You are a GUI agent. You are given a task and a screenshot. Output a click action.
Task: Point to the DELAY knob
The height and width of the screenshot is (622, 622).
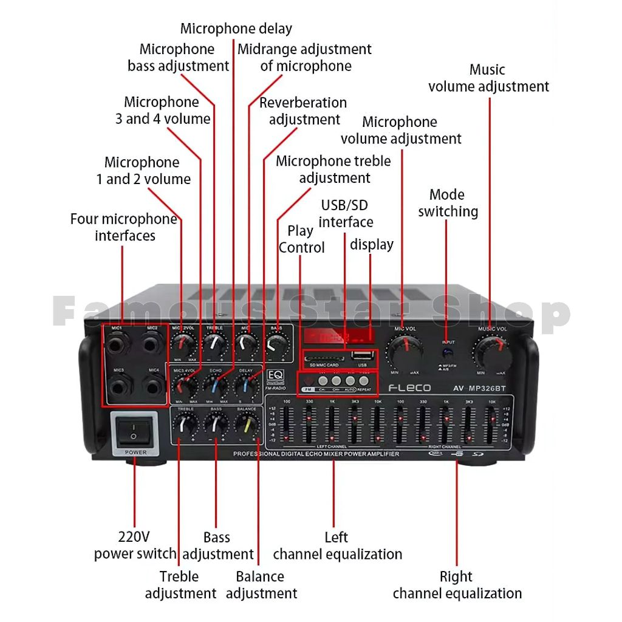click(246, 386)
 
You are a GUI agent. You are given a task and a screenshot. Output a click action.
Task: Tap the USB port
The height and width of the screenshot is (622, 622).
click(362, 356)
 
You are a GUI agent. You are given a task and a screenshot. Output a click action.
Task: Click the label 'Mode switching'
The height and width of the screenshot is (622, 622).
click(448, 203)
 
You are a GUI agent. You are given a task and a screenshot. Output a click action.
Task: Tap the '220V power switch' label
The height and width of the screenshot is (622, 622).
click(135, 545)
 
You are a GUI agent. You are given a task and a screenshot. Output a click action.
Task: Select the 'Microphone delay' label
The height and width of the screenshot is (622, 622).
click(236, 29)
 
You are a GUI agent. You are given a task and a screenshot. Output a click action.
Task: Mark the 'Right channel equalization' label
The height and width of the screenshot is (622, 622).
click(457, 585)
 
